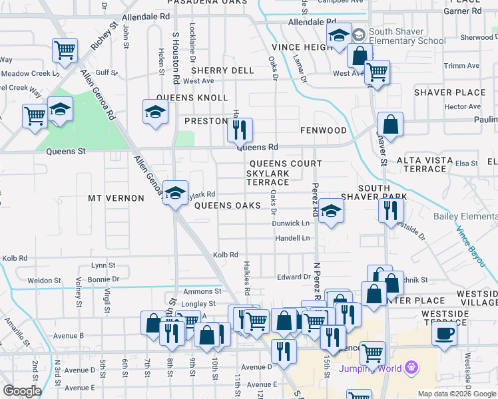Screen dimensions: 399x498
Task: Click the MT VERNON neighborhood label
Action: (116, 198)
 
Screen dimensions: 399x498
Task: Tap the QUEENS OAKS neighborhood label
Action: (227, 205)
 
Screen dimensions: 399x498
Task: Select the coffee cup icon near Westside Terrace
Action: (444, 332)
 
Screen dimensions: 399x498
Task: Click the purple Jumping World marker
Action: (412, 366)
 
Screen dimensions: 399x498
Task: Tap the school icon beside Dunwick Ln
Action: (331, 211)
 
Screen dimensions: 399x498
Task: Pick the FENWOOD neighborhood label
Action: (323, 130)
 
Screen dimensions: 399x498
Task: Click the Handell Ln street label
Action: (293, 238)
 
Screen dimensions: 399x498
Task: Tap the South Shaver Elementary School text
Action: (407, 36)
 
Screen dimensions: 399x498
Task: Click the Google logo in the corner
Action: (22, 391)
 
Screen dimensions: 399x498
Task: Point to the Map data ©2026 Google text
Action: (456, 394)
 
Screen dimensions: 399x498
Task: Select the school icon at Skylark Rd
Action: (175, 193)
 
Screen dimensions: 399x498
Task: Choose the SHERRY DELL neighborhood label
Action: (222, 70)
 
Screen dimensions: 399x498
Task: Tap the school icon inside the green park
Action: (60, 110)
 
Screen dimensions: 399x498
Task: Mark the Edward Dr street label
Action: (290, 277)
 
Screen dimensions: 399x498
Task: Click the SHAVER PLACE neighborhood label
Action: (450, 92)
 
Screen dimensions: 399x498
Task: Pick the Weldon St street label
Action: (44, 281)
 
